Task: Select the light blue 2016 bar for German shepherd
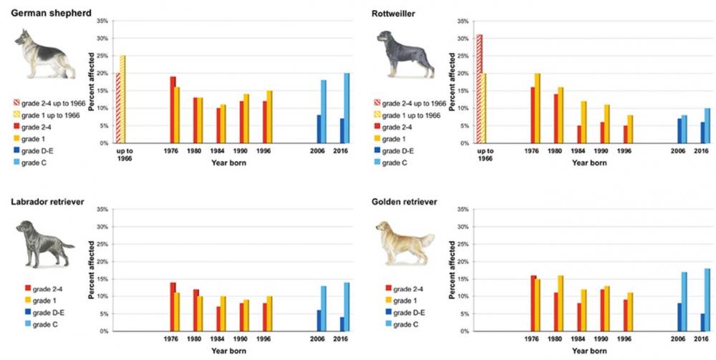[347, 108]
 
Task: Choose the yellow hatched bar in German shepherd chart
[122, 99]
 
